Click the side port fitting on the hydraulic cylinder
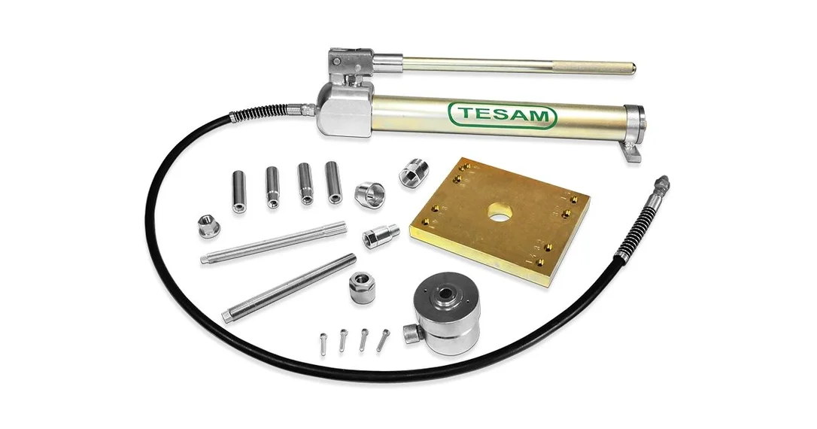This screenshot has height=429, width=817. [411, 333]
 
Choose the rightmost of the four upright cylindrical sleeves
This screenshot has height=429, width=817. [333, 182]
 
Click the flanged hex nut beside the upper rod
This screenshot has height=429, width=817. [208, 226]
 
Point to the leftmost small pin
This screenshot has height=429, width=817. [323, 345]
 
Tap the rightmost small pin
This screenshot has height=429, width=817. [383, 340]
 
